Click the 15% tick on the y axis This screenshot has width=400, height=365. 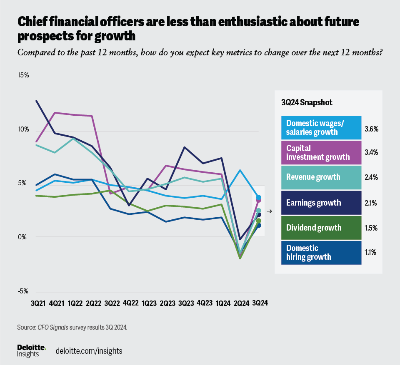point(23,75)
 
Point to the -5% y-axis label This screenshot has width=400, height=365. point(23,291)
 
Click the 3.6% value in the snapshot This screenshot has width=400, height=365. point(371,129)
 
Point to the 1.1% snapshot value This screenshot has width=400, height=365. point(371,252)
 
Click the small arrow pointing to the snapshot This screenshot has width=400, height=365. point(269,211)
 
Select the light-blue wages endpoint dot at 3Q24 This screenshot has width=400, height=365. point(259,197)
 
